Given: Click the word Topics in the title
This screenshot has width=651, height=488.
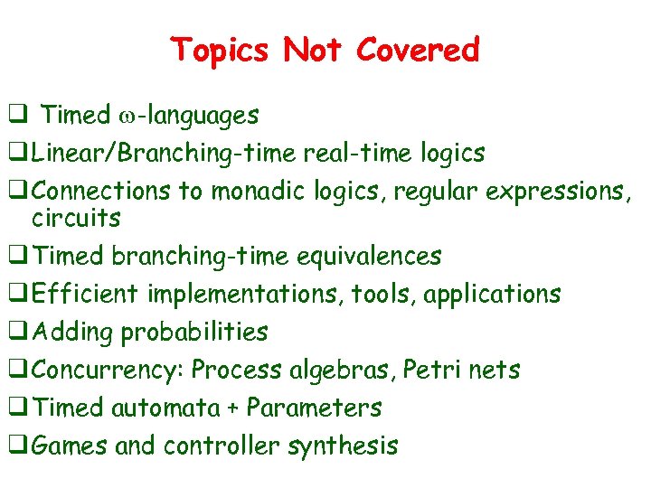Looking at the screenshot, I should tap(222, 50).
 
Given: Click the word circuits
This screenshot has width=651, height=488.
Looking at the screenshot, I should tap(76, 219).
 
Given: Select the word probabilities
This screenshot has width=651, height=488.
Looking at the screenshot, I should tap(194, 333).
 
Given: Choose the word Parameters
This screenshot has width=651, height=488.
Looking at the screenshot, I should tap(314, 408).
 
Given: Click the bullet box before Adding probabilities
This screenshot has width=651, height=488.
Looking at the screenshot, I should tap(15, 333).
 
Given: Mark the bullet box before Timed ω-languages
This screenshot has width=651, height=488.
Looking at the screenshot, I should tap(15, 116).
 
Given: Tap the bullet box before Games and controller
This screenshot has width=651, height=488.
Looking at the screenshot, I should tap(15, 446).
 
